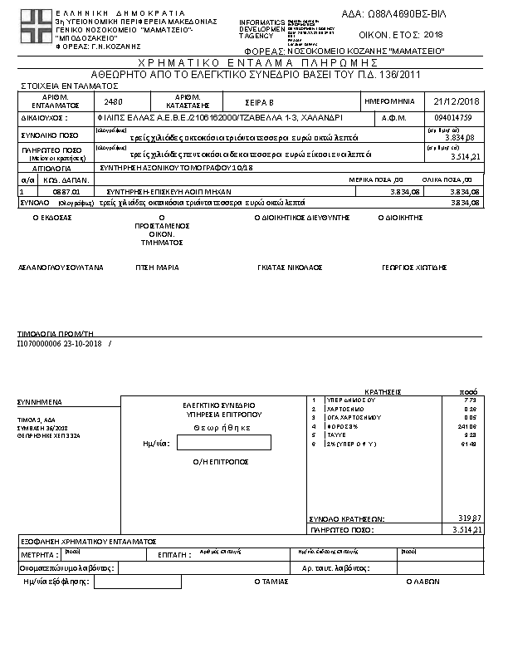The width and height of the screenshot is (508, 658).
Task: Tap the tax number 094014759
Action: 452,118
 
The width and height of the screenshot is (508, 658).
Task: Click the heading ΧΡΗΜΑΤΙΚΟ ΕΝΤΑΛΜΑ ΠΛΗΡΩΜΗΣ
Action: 255,63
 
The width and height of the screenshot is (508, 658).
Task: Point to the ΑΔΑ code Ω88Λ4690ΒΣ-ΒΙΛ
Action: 405,13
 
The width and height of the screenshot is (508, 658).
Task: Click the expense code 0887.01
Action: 53,191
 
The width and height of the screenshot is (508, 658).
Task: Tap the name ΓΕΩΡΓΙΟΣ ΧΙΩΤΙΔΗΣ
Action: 403,268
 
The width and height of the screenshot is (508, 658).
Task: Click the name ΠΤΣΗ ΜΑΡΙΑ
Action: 158,268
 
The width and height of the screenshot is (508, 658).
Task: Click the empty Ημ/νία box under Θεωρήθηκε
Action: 224,444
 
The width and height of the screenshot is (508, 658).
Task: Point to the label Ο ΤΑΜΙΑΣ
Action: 271,582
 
